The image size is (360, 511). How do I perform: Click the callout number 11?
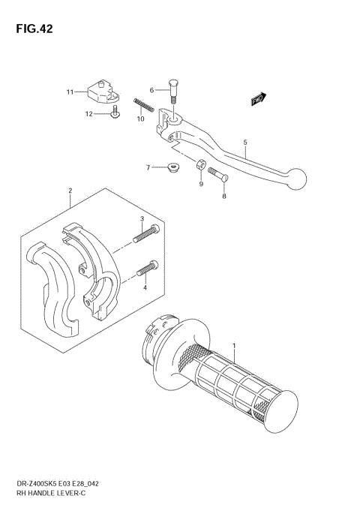(70, 92)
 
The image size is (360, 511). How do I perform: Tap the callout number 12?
(89, 114)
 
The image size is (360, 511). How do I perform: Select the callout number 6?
(151, 90)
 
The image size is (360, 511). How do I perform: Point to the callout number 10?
(140, 119)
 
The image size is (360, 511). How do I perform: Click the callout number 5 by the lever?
(244, 141)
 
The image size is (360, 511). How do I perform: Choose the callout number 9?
(202, 184)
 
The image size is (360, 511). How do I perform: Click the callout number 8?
(223, 195)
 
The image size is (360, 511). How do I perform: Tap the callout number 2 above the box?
(70, 191)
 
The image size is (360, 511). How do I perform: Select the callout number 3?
(142, 218)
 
